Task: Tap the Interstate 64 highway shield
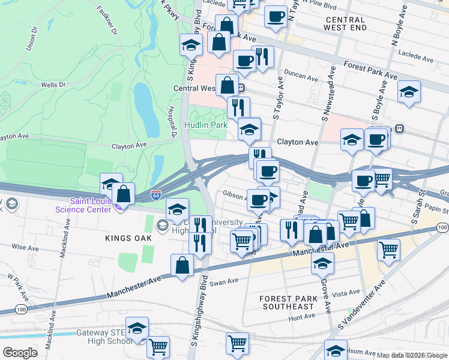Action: [x=155, y=196]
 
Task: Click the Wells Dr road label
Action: [x=53, y=85]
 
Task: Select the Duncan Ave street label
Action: [x=301, y=78]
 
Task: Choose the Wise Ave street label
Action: [x=25, y=247]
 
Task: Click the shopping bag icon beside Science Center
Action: [x=123, y=194]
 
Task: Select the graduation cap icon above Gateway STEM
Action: [x=137, y=328]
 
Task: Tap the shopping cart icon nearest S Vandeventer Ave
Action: [x=388, y=248]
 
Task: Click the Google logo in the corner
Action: [x=20, y=352]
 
